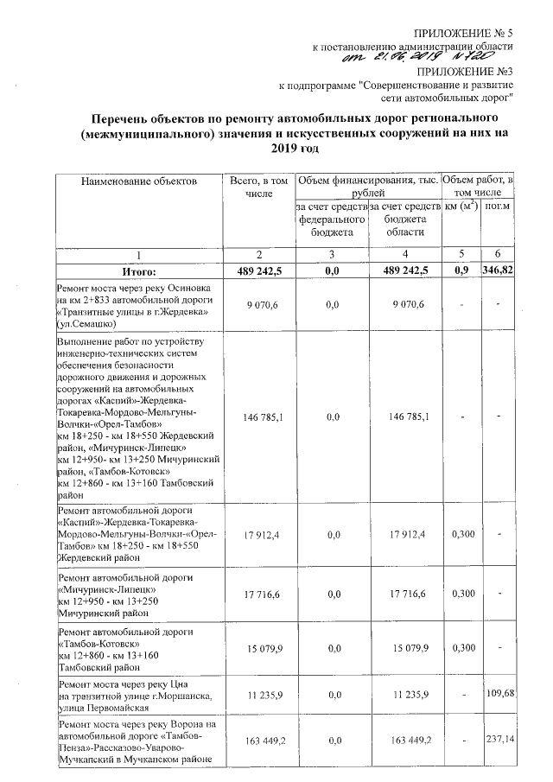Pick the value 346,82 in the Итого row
click(x=498, y=271)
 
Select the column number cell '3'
click(x=332, y=255)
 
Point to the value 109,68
click(x=498, y=693)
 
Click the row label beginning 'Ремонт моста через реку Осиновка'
click(x=134, y=304)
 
